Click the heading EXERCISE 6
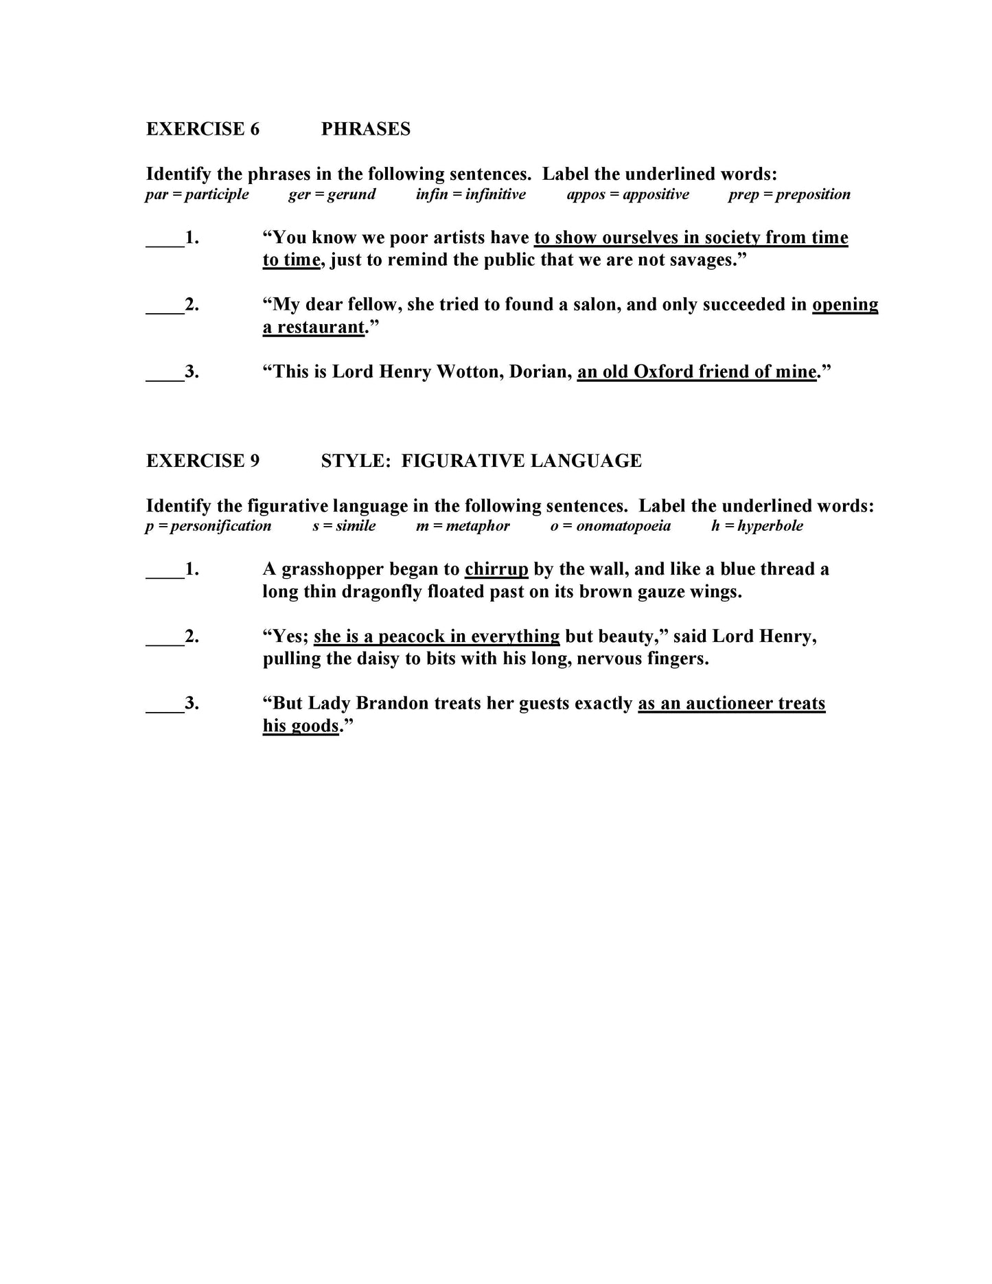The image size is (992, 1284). (203, 129)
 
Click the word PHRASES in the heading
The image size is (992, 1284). (365, 129)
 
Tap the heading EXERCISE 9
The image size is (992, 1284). (203, 461)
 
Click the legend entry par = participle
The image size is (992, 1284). (197, 194)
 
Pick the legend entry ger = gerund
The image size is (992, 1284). (332, 194)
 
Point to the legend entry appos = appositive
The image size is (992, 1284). (627, 194)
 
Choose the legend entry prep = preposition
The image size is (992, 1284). (789, 194)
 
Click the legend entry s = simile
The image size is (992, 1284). (344, 526)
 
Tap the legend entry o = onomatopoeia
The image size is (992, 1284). (610, 526)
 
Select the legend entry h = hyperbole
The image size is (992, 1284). (757, 526)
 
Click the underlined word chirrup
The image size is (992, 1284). (496, 569)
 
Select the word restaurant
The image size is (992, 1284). (321, 327)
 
